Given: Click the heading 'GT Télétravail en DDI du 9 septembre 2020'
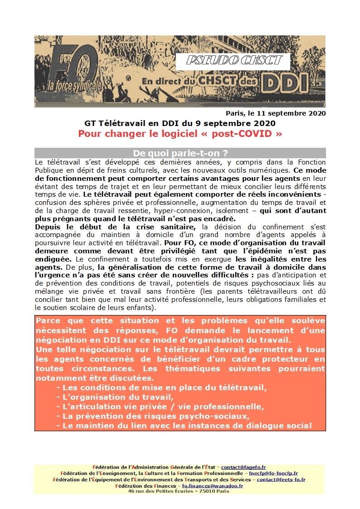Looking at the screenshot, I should [x=180, y=123].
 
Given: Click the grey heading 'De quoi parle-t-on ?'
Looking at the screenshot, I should [x=180, y=153].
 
